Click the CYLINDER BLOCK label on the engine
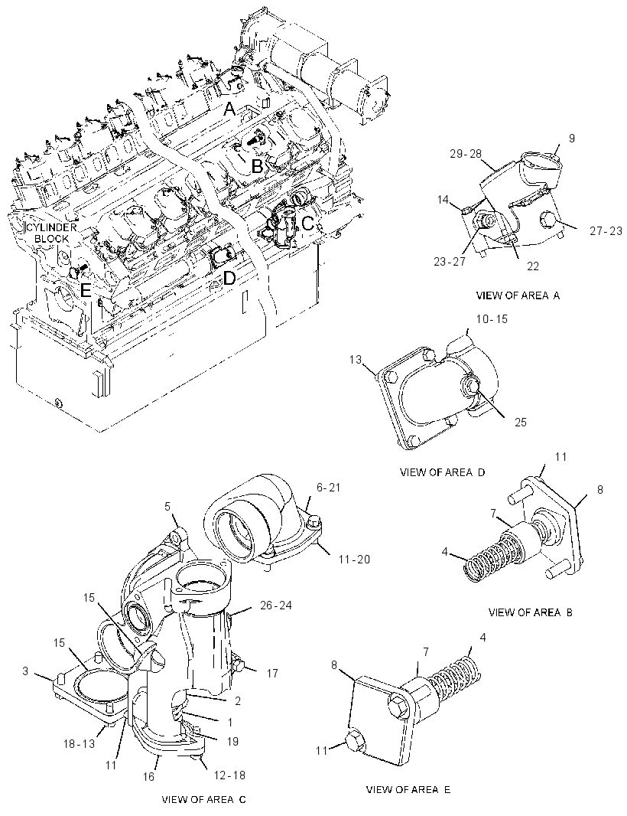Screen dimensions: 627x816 [51, 233]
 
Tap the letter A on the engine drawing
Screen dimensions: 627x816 [230, 109]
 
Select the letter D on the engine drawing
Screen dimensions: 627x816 [229, 279]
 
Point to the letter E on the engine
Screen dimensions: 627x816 [86, 291]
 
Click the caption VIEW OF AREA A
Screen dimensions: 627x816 [518, 295]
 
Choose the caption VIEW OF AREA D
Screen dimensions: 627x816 [442, 472]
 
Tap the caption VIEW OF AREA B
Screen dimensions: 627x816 [531, 612]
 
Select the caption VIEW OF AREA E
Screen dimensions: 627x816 [408, 789]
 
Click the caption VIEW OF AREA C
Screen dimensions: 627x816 [204, 800]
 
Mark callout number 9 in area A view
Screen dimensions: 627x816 [571, 139]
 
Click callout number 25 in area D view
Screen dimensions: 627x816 [521, 422]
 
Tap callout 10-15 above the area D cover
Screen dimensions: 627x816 [492, 319]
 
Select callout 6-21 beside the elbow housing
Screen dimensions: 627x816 [327, 488]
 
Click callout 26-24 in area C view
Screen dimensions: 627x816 [275, 605]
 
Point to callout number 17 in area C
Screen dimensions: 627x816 [272, 674]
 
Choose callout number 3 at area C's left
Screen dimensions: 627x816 [25, 671]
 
